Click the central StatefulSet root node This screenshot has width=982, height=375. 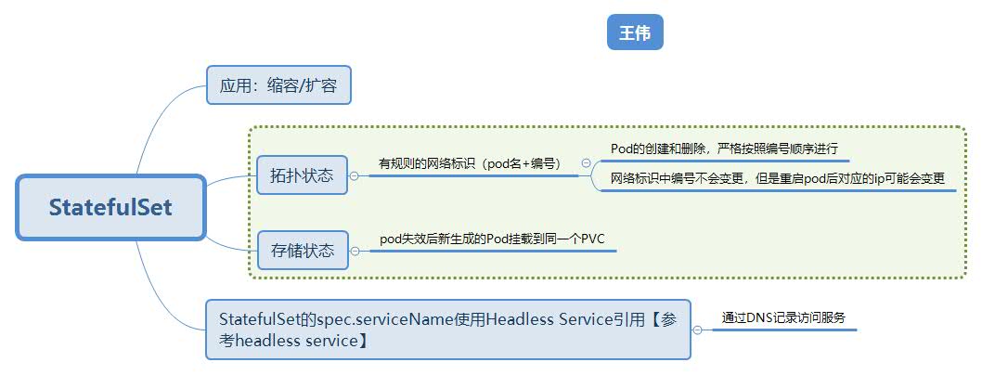(110, 207)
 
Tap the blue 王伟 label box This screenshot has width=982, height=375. (635, 32)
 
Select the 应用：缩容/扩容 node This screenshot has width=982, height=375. (278, 85)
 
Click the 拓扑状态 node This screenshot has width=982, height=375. (302, 175)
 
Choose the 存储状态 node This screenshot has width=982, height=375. (303, 251)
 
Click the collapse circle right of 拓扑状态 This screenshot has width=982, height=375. (354, 176)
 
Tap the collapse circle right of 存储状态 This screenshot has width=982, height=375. (355, 252)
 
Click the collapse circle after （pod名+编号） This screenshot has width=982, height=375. (587, 162)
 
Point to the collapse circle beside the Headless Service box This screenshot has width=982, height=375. (698, 330)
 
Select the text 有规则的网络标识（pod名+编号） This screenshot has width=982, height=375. (469, 163)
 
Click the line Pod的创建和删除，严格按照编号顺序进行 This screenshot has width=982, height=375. (724, 149)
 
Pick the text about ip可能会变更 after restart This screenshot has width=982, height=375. (777, 178)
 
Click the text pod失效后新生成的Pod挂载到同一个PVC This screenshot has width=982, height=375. (492, 239)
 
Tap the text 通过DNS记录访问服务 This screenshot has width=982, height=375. (782, 317)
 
